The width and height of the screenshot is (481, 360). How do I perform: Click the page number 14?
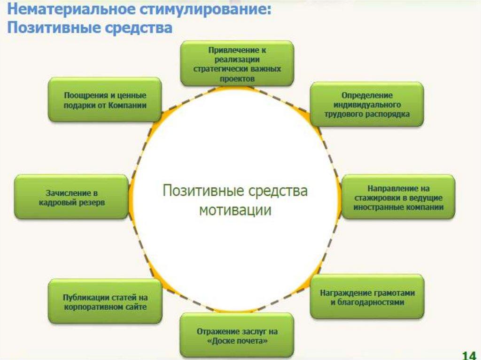(468, 354)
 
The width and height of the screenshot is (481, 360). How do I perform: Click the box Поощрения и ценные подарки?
(105, 100)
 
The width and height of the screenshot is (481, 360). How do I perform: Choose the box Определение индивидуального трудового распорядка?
(367, 104)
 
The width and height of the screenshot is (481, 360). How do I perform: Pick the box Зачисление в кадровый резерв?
(71, 197)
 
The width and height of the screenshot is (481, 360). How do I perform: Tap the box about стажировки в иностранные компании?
(398, 197)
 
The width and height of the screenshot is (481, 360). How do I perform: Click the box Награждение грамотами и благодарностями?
(367, 297)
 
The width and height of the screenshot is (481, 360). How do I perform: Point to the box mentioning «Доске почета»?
(237, 335)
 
